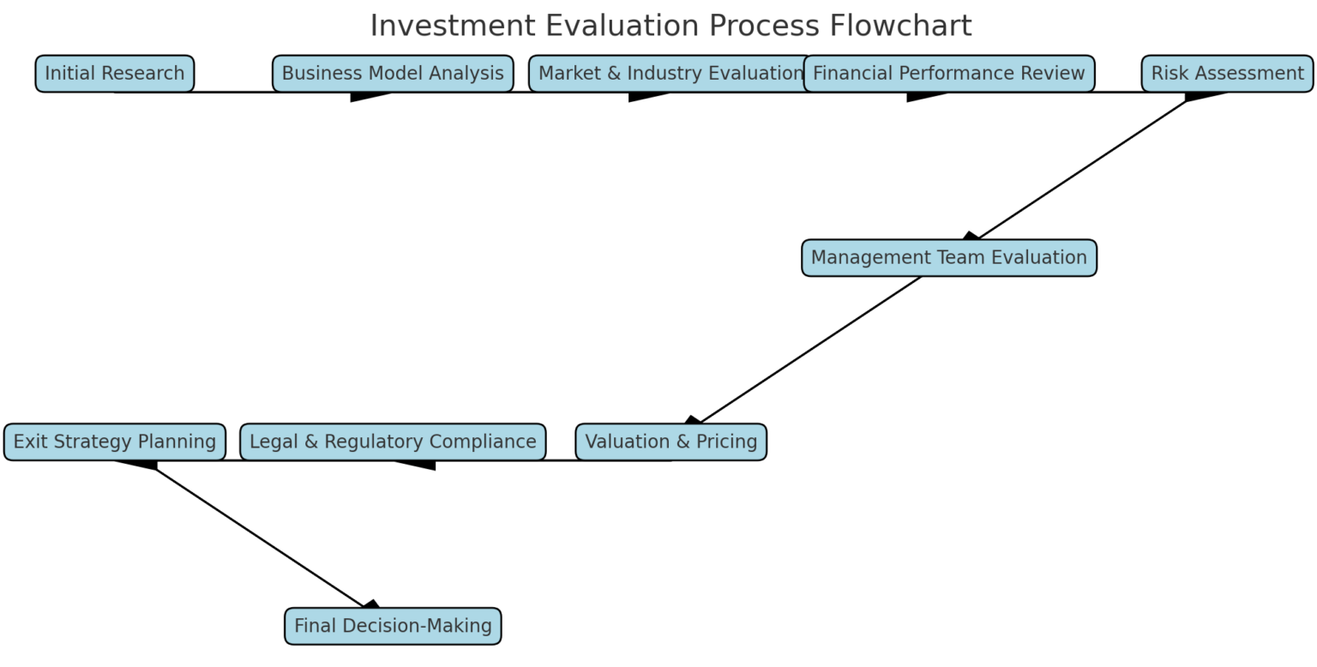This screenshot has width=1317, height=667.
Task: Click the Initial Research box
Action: click(114, 74)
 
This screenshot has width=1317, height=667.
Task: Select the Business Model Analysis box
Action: click(393, 74)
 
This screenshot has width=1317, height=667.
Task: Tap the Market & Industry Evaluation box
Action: click(670, 74)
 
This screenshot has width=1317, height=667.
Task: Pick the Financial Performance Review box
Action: click(948, 74)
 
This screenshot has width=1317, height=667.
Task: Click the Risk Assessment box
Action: click(1226, 74)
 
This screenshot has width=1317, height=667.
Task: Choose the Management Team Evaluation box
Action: click(948, 258)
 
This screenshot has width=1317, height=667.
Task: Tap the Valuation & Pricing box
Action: click(671, 442)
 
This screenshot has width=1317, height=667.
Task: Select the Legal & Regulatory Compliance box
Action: click(393, 442)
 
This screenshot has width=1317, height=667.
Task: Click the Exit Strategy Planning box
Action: click(114, 442)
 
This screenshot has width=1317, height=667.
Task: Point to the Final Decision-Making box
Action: click(393, 627)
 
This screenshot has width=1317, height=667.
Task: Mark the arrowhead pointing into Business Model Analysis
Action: click(369, 95)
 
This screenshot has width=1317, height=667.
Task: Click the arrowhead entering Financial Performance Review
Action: click(925, 95)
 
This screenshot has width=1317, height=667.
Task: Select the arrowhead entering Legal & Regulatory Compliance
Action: click(418, 464)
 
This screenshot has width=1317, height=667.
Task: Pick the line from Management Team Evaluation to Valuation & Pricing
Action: click(810, 350)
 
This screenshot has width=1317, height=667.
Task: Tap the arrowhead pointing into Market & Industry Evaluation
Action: click(647, 95)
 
